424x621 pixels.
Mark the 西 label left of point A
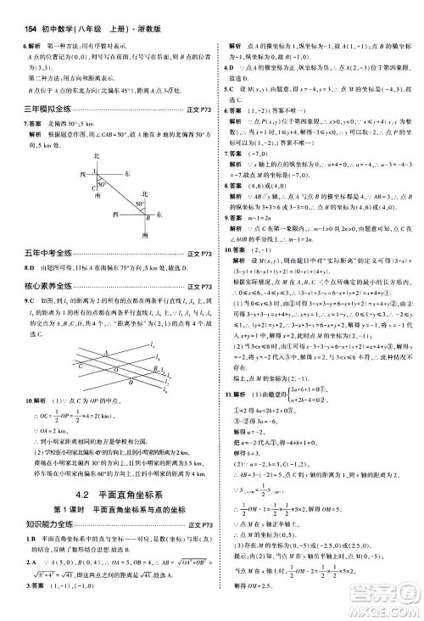[x=84, y=173]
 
